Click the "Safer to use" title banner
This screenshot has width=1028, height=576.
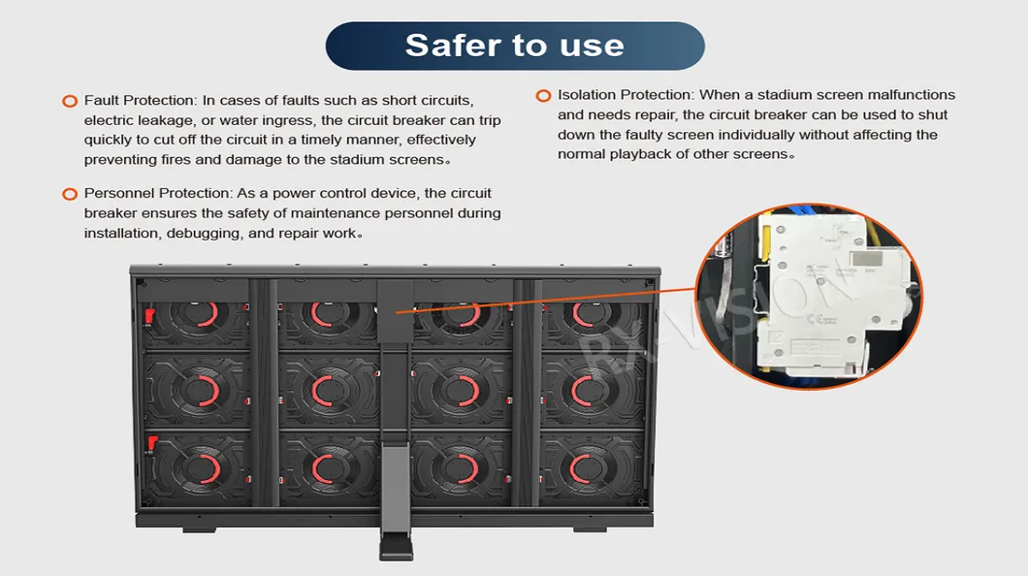(515, 46)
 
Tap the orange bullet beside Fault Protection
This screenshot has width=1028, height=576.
(70, 101)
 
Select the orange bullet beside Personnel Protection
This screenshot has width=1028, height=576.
(70, 194)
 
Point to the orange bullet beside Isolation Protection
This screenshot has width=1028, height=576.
(543, 96)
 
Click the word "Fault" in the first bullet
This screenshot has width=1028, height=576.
(101, 100)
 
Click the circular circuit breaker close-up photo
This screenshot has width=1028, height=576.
(809, 296)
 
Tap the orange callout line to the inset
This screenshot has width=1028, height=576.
(545, 301)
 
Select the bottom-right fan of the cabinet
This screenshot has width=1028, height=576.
(591, 467)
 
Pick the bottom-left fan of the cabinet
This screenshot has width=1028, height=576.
(196, 467)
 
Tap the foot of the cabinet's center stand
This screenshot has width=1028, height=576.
(396, 546)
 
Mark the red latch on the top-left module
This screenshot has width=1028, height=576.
(149, 316)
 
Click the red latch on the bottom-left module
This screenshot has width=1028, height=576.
(151, 443)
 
